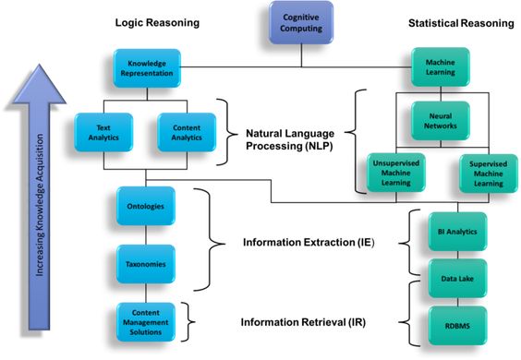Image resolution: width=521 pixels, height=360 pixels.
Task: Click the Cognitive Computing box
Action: (x=301, y=22)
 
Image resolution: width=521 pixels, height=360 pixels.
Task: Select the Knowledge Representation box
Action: (x=147, y=68)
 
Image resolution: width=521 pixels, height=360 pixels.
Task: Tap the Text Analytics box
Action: (x=103, y=133)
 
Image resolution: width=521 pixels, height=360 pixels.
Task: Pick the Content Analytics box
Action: (x=187, y=133)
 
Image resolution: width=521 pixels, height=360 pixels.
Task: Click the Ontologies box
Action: (x=146, y=206)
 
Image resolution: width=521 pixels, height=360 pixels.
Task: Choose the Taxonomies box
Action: (x=146, y=264)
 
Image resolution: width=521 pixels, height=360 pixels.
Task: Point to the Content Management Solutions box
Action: (x=146, y=322)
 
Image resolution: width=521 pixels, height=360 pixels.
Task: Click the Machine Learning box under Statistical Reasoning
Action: (x=441, y=67)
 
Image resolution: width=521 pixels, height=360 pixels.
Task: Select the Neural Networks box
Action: (x=441, y=121)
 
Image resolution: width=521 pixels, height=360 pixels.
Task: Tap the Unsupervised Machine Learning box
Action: (x=396, y=173)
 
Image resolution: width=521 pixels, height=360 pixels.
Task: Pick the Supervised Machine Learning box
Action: (x=489, y=174)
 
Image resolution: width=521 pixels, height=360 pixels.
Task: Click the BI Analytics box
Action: (x=457, y=232)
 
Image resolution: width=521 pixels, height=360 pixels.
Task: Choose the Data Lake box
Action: (x=457, y=279)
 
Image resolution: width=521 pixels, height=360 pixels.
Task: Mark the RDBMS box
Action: (x=457, y=326)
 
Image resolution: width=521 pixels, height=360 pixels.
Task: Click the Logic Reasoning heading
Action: (x=157, y=23)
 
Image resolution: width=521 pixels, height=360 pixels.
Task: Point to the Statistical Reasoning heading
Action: (x=461, y=23)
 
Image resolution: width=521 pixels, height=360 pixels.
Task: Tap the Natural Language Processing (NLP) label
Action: (x=290, y=139)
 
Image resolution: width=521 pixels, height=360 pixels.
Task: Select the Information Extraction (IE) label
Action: (x=309, y=243)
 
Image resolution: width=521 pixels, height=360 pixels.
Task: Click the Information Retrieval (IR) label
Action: (x=303, y=322)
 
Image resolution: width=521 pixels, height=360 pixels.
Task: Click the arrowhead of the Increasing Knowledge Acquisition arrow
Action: (x=39, y=84)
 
